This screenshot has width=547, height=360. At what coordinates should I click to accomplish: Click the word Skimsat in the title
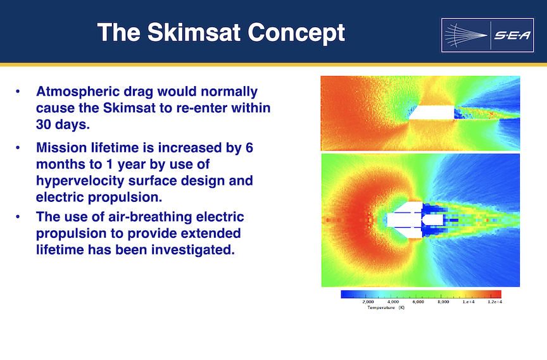click(194, 33)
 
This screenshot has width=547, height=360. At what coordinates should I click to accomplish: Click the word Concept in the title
click(296, 34)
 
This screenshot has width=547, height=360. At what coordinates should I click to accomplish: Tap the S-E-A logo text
click(512, 35)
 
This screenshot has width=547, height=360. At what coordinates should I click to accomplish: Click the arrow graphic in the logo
click(466, 35)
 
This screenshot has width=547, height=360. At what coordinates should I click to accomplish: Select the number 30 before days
click(44, 125)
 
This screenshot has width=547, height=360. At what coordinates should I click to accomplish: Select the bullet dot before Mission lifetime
click(18, 148)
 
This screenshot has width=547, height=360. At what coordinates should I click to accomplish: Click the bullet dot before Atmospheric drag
click(18, 92)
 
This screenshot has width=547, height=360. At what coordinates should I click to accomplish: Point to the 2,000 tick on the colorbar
click(368, 302)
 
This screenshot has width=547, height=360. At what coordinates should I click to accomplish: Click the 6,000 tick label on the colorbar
click(418, 302)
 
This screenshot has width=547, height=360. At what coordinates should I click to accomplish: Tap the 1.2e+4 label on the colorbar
click(495, 302)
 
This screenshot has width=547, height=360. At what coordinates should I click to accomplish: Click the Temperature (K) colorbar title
click(386, 307)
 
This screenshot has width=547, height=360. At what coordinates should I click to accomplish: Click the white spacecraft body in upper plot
click(432, 112)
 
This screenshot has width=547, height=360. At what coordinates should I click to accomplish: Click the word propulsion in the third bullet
click(71, 233)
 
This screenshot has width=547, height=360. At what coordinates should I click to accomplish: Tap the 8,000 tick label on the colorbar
click(443, 302)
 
